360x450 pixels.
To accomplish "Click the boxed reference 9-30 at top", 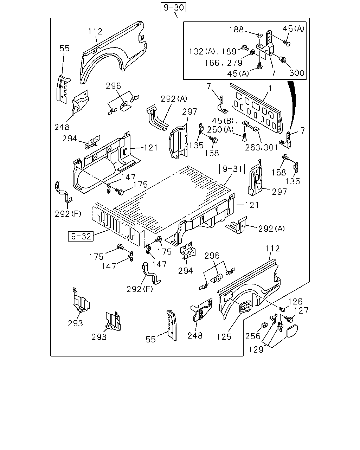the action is coord(173,7).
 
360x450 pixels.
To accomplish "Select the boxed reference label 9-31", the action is coord(232,169).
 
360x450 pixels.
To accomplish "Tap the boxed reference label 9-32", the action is coord(81,236).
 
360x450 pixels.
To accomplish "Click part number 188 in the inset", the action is coord(237,30).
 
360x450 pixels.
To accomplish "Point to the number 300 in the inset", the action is coord(297,73).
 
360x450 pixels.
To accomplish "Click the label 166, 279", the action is coord(223,63).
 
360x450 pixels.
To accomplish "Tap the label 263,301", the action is coord(261,148).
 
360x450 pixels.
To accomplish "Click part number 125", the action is coord(224,337).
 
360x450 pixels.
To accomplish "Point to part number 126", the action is coord(295,302).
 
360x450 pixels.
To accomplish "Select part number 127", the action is coord(301,310).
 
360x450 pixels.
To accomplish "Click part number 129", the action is coord(256,349).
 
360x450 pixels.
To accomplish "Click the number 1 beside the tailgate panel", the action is coord(270,89).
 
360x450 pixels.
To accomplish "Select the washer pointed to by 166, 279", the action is coord(252,52).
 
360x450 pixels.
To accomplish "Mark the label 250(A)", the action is coord(220,130).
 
